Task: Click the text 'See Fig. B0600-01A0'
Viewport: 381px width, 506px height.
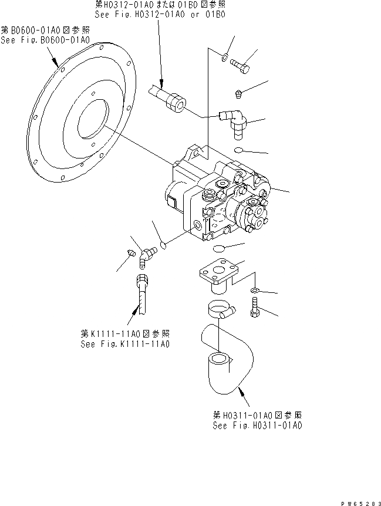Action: point(45,41)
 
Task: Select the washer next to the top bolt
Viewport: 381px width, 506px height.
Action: point(225,57)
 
